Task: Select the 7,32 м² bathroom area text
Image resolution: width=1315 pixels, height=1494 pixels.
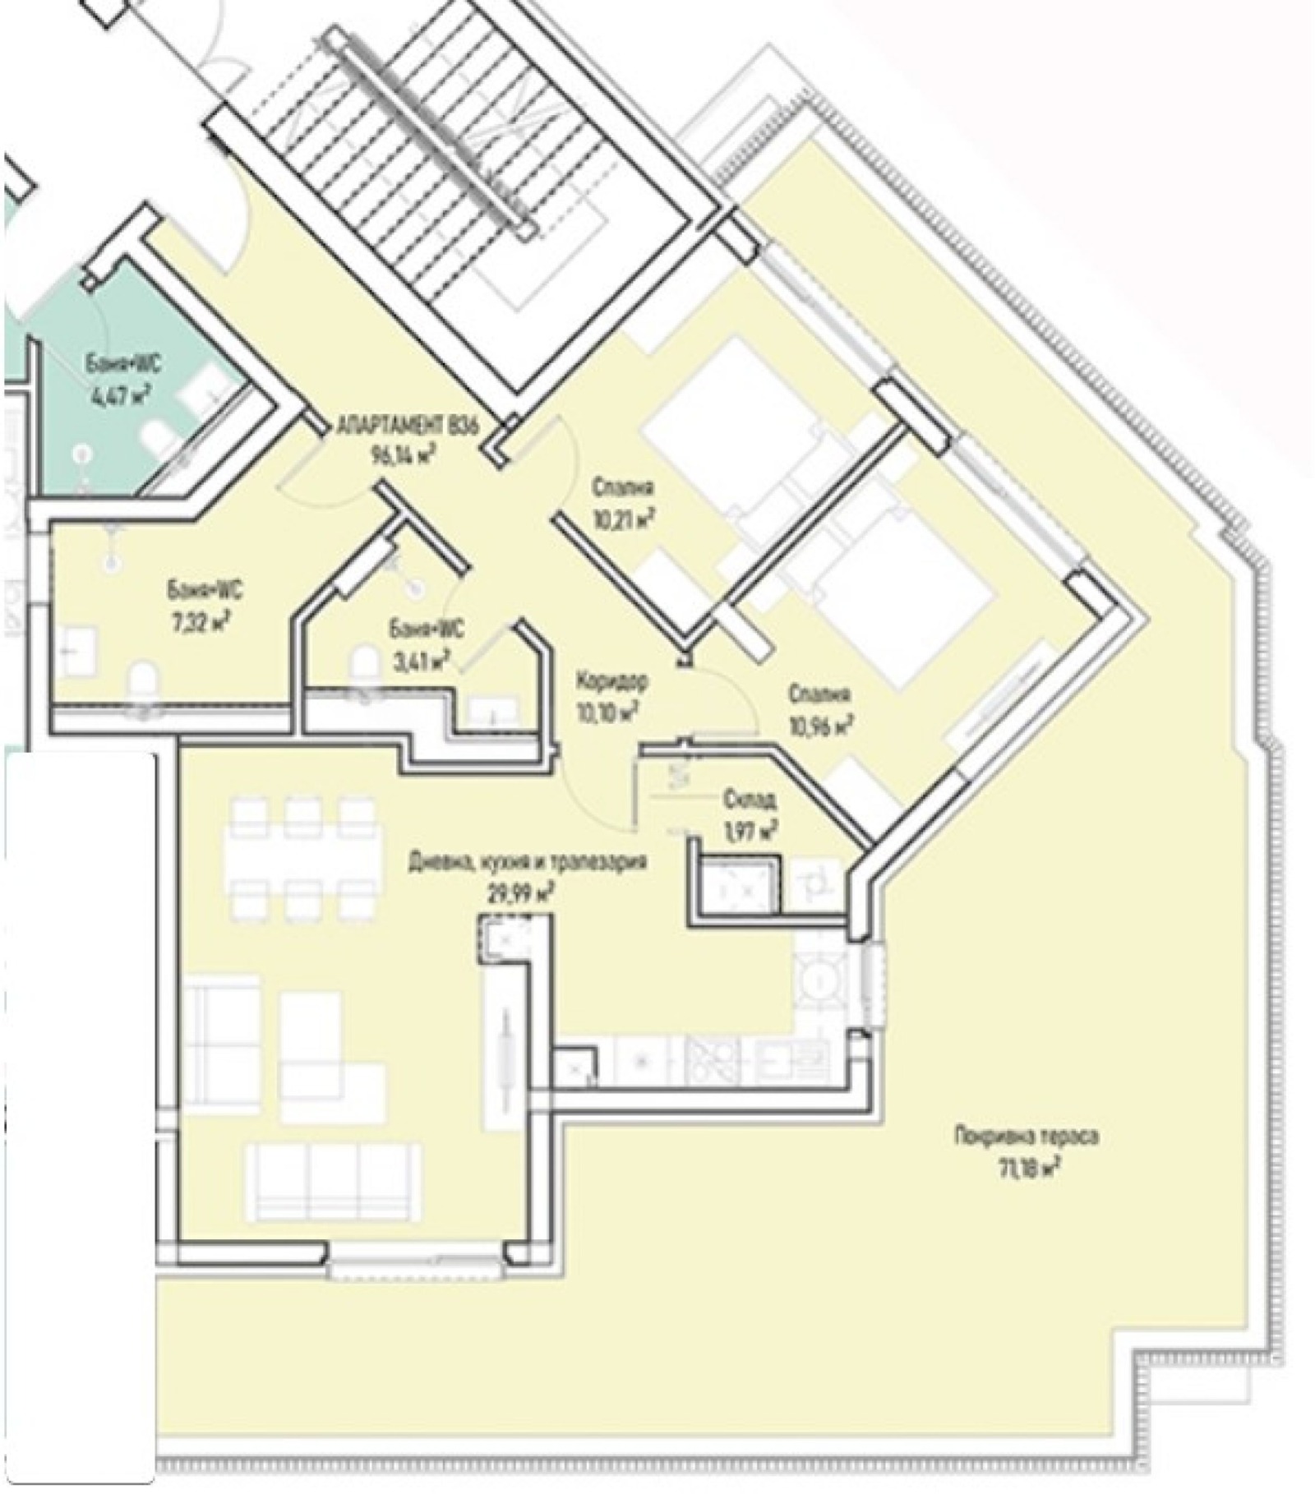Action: click(x=196, y=616)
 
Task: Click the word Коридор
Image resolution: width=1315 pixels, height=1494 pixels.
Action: click(x=612, y=681)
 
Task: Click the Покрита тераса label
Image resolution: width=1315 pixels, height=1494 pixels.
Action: click(x=1026, y=1138)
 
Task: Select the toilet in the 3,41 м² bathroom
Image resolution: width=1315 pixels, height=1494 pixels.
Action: click(x=363, y=664)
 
